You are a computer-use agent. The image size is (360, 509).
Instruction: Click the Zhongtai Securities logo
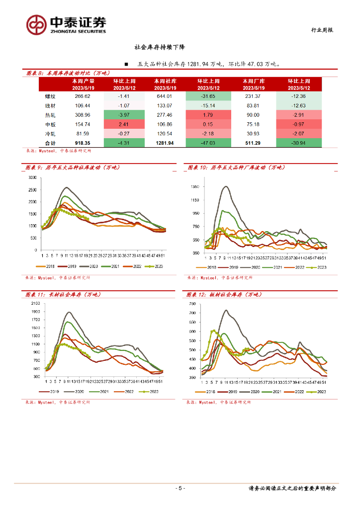click(x=66, y=23)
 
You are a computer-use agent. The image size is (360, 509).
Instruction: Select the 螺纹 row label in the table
click(x=51, y=96)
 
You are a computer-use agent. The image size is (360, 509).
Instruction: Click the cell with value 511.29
click(x=253, y=143)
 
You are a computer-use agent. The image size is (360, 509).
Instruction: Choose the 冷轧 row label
click(x=51, y=134)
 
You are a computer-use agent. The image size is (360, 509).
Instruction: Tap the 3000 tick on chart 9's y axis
click(x=33, y=178)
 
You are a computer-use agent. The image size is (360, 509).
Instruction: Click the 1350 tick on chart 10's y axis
click(x=194, y=187)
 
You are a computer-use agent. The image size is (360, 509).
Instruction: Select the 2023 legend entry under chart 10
click(x=318, y=267)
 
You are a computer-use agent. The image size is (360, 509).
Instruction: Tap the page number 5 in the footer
click(x=180, y=488)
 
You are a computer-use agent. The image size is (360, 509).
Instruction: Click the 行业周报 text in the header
click(x=322, y=30)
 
